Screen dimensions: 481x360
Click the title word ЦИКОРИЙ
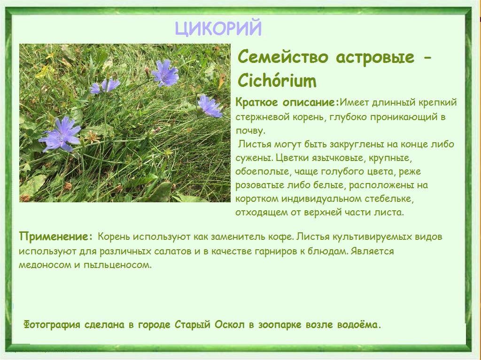pos(218,28)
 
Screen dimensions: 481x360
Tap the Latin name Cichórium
pos(277,81)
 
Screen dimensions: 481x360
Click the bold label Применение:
pos(55,237)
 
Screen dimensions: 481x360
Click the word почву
pos(250,131)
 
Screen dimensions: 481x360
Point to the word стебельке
pos(389,199)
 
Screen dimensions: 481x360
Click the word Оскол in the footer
pos(229,325)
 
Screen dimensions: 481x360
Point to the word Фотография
pos(52,325)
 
